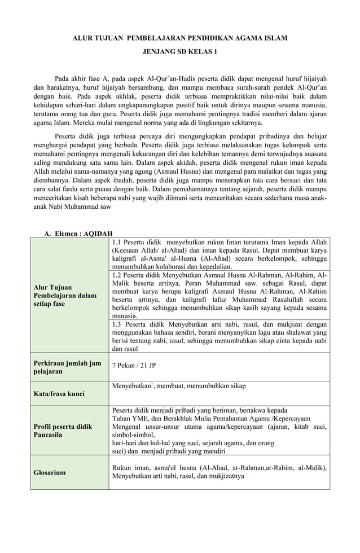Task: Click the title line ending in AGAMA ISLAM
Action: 181,38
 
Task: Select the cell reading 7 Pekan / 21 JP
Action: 134,365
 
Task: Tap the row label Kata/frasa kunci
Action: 60,393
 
